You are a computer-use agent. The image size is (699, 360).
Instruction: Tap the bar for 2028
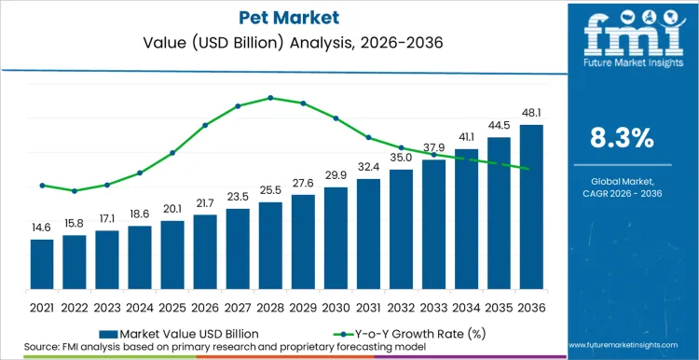coord(270,245)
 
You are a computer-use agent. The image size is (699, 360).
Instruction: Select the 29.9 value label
coord(336,176)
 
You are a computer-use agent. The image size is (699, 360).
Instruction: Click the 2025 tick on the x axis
coord(172,307)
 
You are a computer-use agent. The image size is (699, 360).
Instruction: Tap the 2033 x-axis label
coord(433,307)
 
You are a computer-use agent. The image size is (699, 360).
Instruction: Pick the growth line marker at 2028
coord(270,97)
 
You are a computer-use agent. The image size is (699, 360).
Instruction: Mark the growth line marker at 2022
coord(75,190)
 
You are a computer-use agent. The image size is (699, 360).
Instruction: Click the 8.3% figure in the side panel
coord(623,138)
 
